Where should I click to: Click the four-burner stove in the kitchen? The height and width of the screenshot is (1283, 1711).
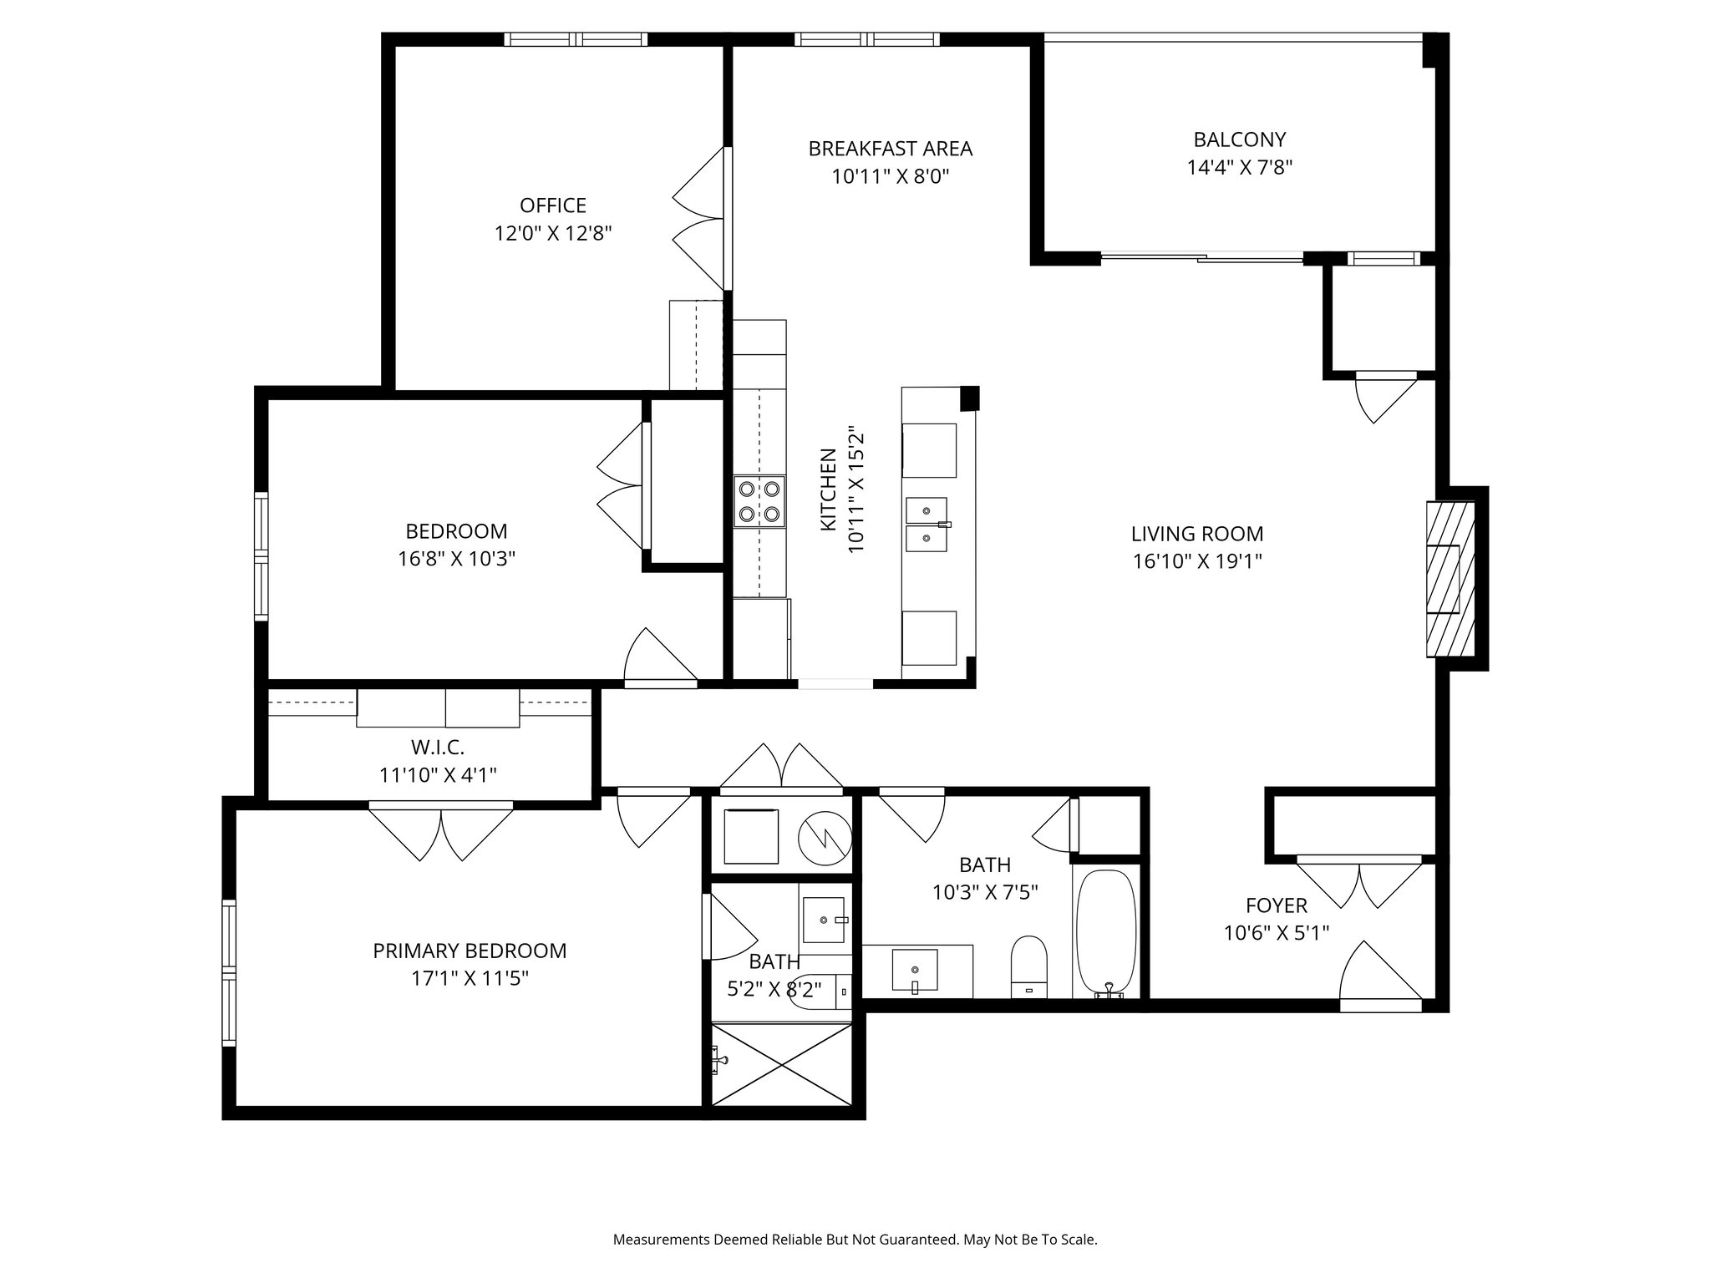[759, 501]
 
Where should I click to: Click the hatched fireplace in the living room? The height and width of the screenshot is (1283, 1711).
[1450, 579]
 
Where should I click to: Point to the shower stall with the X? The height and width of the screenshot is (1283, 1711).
[781, 1064]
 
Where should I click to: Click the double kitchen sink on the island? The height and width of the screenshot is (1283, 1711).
[927, 525]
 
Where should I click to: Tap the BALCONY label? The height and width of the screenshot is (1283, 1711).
[1239, 139]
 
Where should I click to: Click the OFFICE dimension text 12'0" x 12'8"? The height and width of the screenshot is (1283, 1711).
[553, 233]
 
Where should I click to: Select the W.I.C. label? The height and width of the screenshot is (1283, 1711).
[438, 747]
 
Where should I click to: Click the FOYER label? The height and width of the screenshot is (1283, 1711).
[1276, 905]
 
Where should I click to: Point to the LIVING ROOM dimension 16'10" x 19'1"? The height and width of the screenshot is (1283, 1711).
[1196, 561]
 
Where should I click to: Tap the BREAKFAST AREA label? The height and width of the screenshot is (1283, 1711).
[890, 149]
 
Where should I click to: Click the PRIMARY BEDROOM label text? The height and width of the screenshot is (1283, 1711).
[470, 951]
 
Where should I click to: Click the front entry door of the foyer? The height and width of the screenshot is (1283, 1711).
[1380, 977]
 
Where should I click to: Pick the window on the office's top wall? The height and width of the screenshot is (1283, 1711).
[576, 39]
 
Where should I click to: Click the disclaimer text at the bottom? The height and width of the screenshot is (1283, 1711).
[855, 1240]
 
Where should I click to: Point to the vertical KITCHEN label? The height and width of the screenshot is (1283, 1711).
[828, 489]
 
